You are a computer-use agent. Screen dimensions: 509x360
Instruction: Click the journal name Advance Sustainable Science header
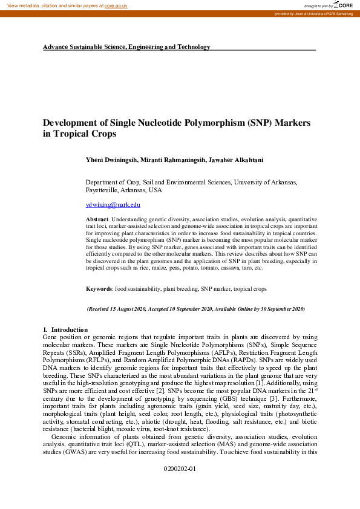pos(126,47)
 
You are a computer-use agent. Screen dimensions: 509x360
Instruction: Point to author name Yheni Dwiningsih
pos(113,160)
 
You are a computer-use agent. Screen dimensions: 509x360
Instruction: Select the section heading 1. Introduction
pos(61,329)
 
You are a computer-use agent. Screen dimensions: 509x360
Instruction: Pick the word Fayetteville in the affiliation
pos(103,190)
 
